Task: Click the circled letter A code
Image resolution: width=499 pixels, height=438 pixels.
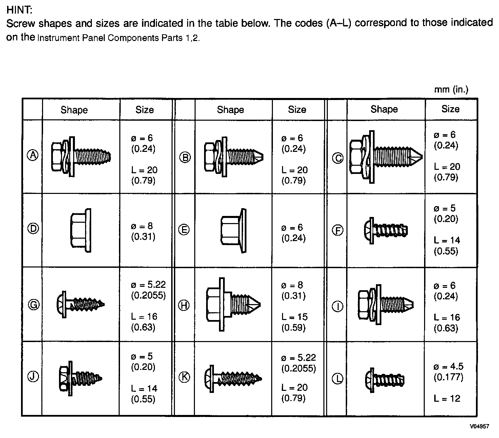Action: [x=33, y=155]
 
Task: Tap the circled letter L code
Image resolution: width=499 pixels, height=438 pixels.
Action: [x=337, y=378]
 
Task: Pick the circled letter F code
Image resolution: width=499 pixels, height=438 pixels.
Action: [x=337, y=231]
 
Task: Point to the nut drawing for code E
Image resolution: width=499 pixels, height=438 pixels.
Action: [x=233, y=231]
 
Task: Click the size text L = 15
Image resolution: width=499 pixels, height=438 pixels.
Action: [x=294, y=317]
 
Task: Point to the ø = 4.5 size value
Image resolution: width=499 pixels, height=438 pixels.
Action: [x=448, y=366]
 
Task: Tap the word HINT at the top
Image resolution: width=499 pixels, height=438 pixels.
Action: [x=19, y=10]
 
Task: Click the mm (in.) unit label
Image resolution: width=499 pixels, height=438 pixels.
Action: [x=451, y=89]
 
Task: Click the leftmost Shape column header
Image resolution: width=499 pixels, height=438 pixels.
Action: [x=74, y=110]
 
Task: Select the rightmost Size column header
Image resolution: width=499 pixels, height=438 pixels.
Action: [x=450, y=109]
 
